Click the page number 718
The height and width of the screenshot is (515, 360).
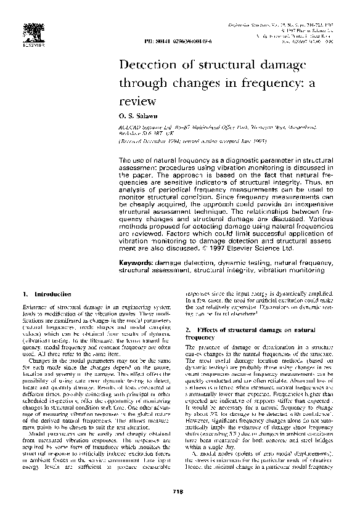179,490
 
